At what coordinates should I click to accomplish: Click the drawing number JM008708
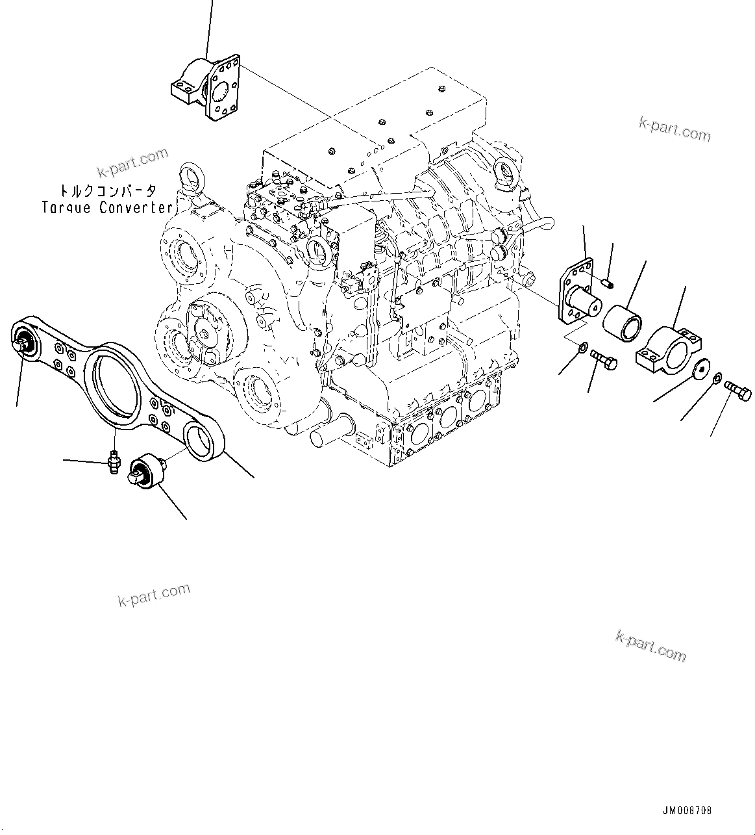[x=687, y=810]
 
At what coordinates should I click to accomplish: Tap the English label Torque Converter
[x=108, y=207]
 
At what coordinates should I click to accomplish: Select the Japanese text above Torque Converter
[x=108, y=191]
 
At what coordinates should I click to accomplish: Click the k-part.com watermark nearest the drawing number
[x=650, y=646]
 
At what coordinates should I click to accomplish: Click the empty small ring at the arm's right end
[x=202, y=443]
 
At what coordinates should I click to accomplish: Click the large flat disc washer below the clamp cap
[x=700, y=368]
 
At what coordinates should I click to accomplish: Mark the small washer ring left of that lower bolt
[x=582, y=348]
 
